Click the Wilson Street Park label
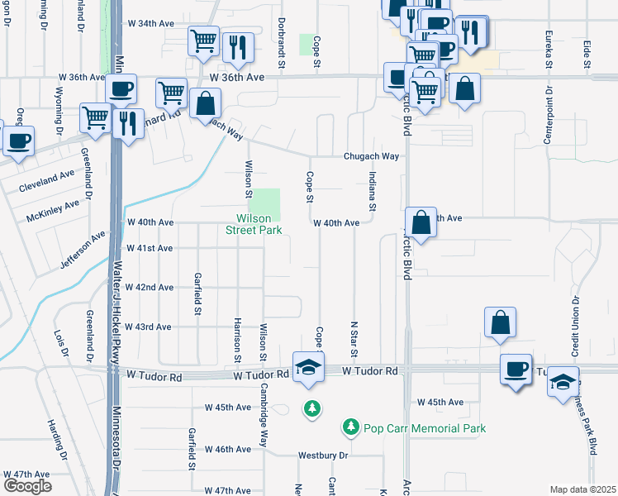tap(254, 224)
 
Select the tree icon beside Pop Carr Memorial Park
tap(350, 427)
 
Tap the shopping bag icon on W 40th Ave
tap(421, 222)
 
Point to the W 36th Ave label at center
tap(236, 77)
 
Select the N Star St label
tap(354, 340)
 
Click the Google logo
tap(26, 485)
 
